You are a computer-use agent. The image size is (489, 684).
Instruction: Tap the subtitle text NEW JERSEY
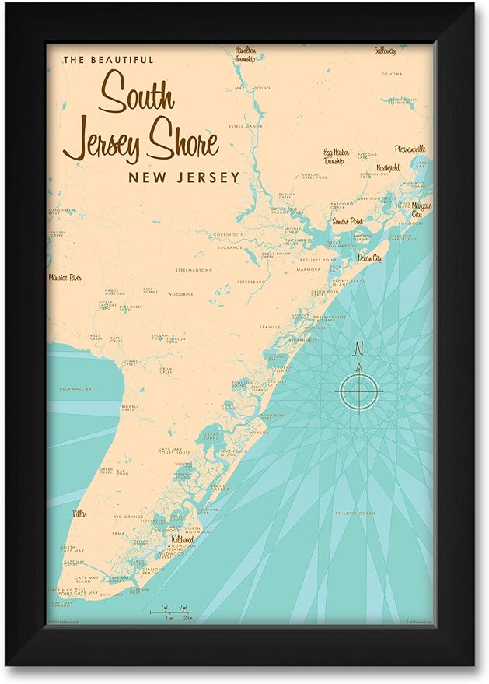(x=183, y=177)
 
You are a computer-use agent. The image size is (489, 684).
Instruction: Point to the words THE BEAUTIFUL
(x=109, y=60)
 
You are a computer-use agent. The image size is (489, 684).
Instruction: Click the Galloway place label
(x=384, y=51)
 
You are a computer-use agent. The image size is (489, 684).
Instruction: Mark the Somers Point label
(x=348, y=221)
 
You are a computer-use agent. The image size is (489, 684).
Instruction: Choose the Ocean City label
(x=370, y=258)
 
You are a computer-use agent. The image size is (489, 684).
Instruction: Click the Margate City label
(x=421, y=209)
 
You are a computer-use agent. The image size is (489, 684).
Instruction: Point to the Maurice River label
(x=65, y=277)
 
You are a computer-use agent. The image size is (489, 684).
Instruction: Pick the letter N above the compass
(x=358, y=348)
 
